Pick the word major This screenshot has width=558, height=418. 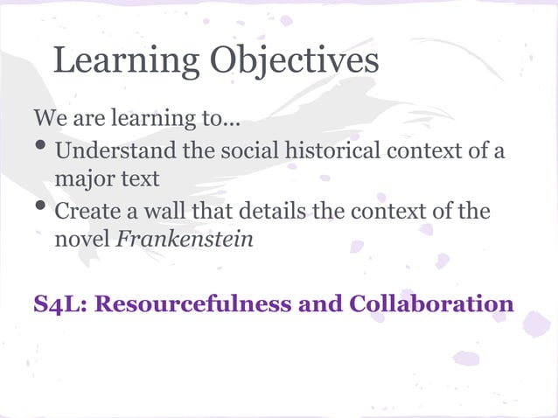80,180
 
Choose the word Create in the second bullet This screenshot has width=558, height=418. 86,212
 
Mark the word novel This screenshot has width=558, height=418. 83,240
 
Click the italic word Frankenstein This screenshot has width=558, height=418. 185,240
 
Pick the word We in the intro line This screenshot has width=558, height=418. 47,117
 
